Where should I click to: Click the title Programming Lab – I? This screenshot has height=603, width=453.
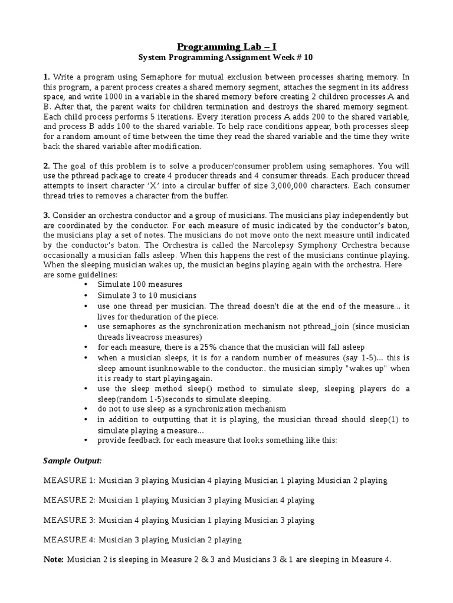click(x=226, y=47)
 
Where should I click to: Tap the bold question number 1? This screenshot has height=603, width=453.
click(x=46, y=77)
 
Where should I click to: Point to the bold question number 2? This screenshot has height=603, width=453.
click(x=46, y=167)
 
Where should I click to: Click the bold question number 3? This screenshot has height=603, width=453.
click(x=46, y=216)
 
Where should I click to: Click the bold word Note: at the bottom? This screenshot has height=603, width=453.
click(x=54, y=560)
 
